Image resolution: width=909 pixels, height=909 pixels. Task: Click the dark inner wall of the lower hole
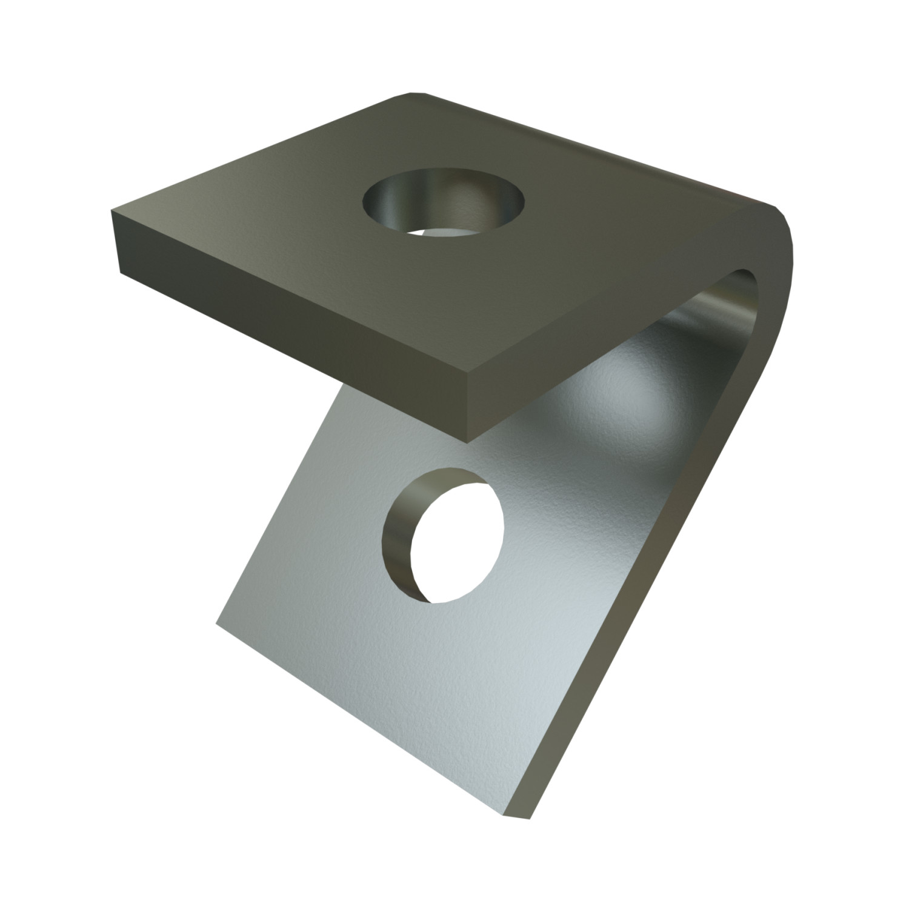point(397,533)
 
